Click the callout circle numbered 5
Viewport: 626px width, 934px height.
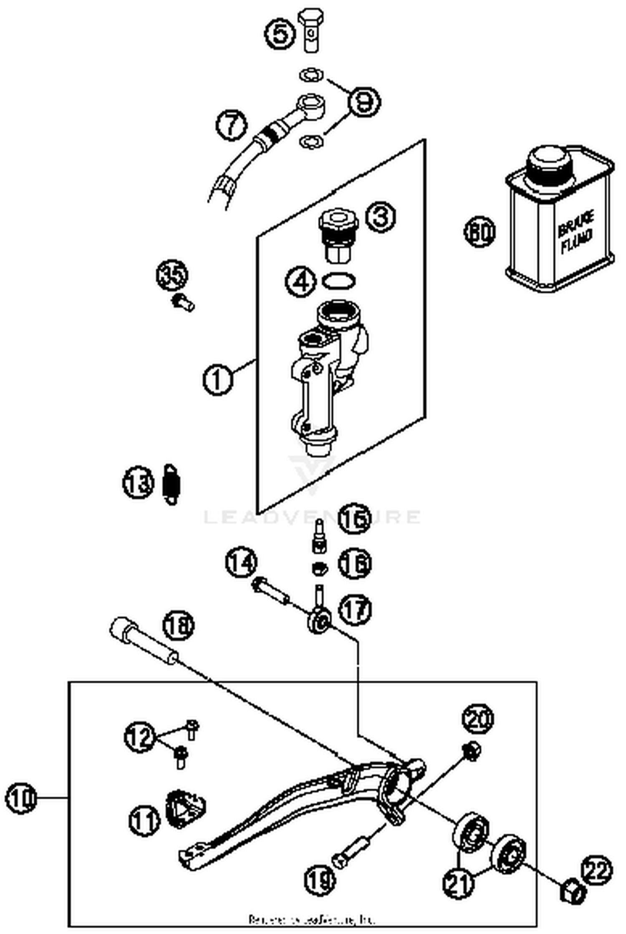[x=280, y=33]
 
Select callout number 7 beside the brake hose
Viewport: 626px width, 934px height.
[x=232, y=125]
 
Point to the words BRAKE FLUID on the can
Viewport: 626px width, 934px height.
[x=576, y=236]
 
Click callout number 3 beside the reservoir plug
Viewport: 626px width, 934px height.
[x=380, y=217]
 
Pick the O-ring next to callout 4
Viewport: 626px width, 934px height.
[x=339, y=281]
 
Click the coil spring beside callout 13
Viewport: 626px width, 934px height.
[x=171, y=484]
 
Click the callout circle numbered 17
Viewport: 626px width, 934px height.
[x=355, y=610]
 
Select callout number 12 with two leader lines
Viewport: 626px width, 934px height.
[x=140, y=737]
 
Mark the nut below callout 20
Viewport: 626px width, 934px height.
[x=472, y=752]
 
